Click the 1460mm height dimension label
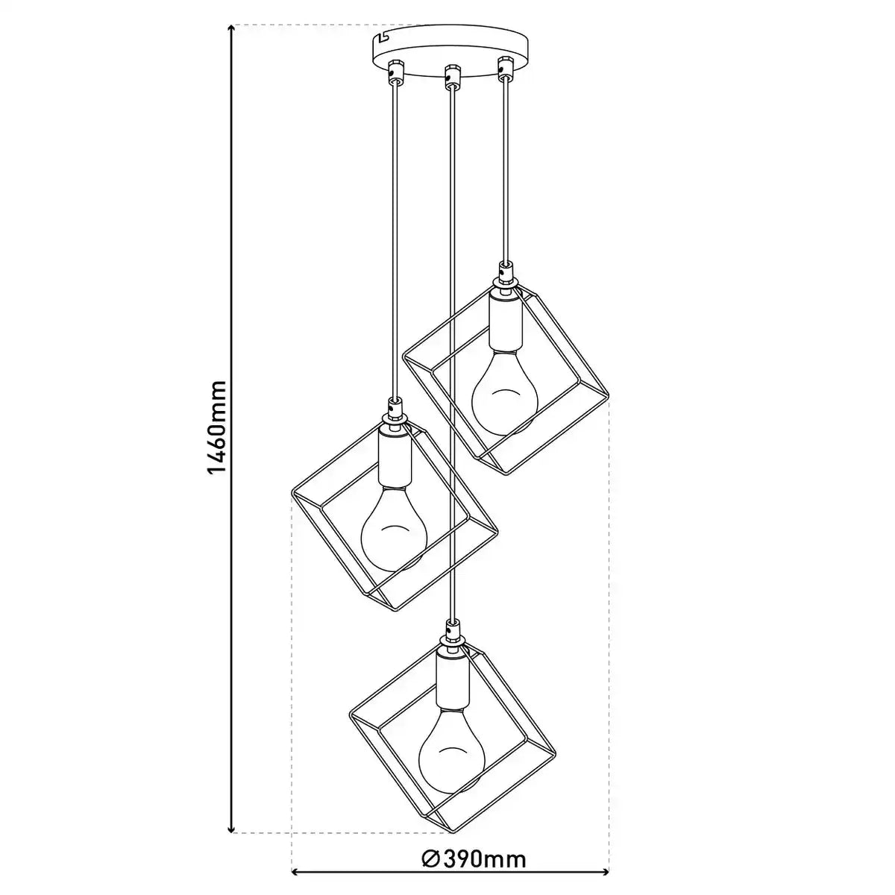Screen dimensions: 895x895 (216, 428)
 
